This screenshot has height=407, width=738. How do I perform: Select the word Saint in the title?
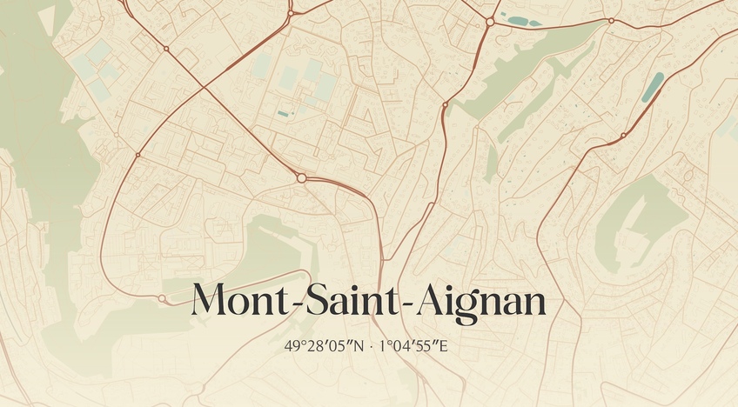click(354, 301)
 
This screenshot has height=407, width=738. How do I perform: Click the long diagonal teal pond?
click(652, 87)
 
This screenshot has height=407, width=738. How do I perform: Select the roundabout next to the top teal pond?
click(490, 21)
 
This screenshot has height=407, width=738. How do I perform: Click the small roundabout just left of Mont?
click(162, 298)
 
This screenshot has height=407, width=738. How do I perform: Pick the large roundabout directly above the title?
click(301, 177)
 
